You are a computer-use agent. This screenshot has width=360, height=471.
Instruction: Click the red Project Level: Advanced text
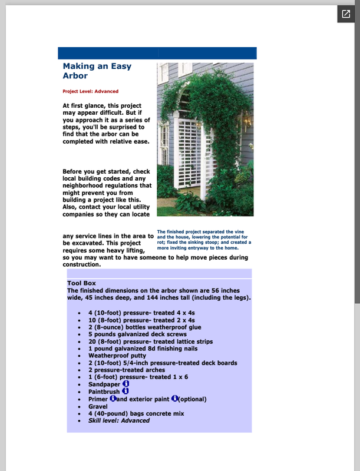90,91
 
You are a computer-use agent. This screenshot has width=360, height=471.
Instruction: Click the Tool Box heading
81,284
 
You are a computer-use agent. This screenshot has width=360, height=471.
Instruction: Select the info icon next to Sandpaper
125,383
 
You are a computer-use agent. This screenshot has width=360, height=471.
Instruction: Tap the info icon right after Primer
113,399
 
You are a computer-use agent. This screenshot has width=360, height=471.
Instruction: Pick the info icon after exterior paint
174,399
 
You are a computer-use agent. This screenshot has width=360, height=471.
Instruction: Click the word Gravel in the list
98,406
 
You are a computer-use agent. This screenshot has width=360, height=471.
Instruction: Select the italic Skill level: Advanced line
119,421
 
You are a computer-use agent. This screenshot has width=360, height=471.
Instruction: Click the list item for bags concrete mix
136,414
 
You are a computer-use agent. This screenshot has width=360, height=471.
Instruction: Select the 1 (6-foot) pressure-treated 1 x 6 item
138,377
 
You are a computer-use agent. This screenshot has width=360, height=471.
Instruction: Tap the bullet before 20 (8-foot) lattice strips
80,341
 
